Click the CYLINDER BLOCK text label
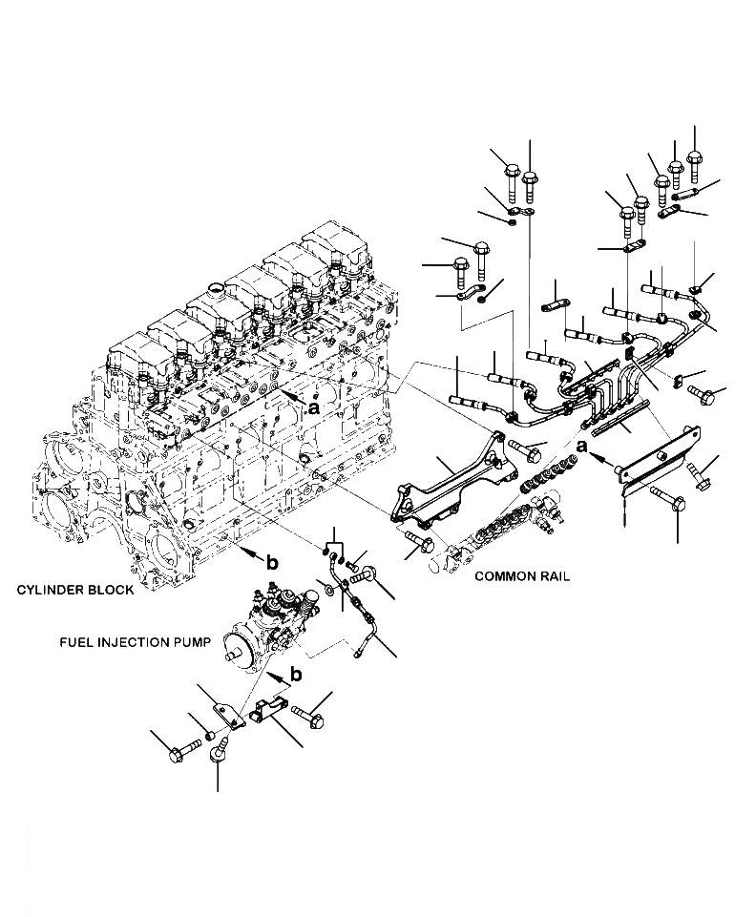(74, 591)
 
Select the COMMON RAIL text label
(522, 577)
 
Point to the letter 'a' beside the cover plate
(581, 446)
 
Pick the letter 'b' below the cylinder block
(272, 563)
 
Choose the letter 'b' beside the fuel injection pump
(296, 675)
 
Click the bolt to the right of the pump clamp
(310, 713)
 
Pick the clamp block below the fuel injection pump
(271, 713)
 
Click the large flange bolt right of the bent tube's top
(367, 575)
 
